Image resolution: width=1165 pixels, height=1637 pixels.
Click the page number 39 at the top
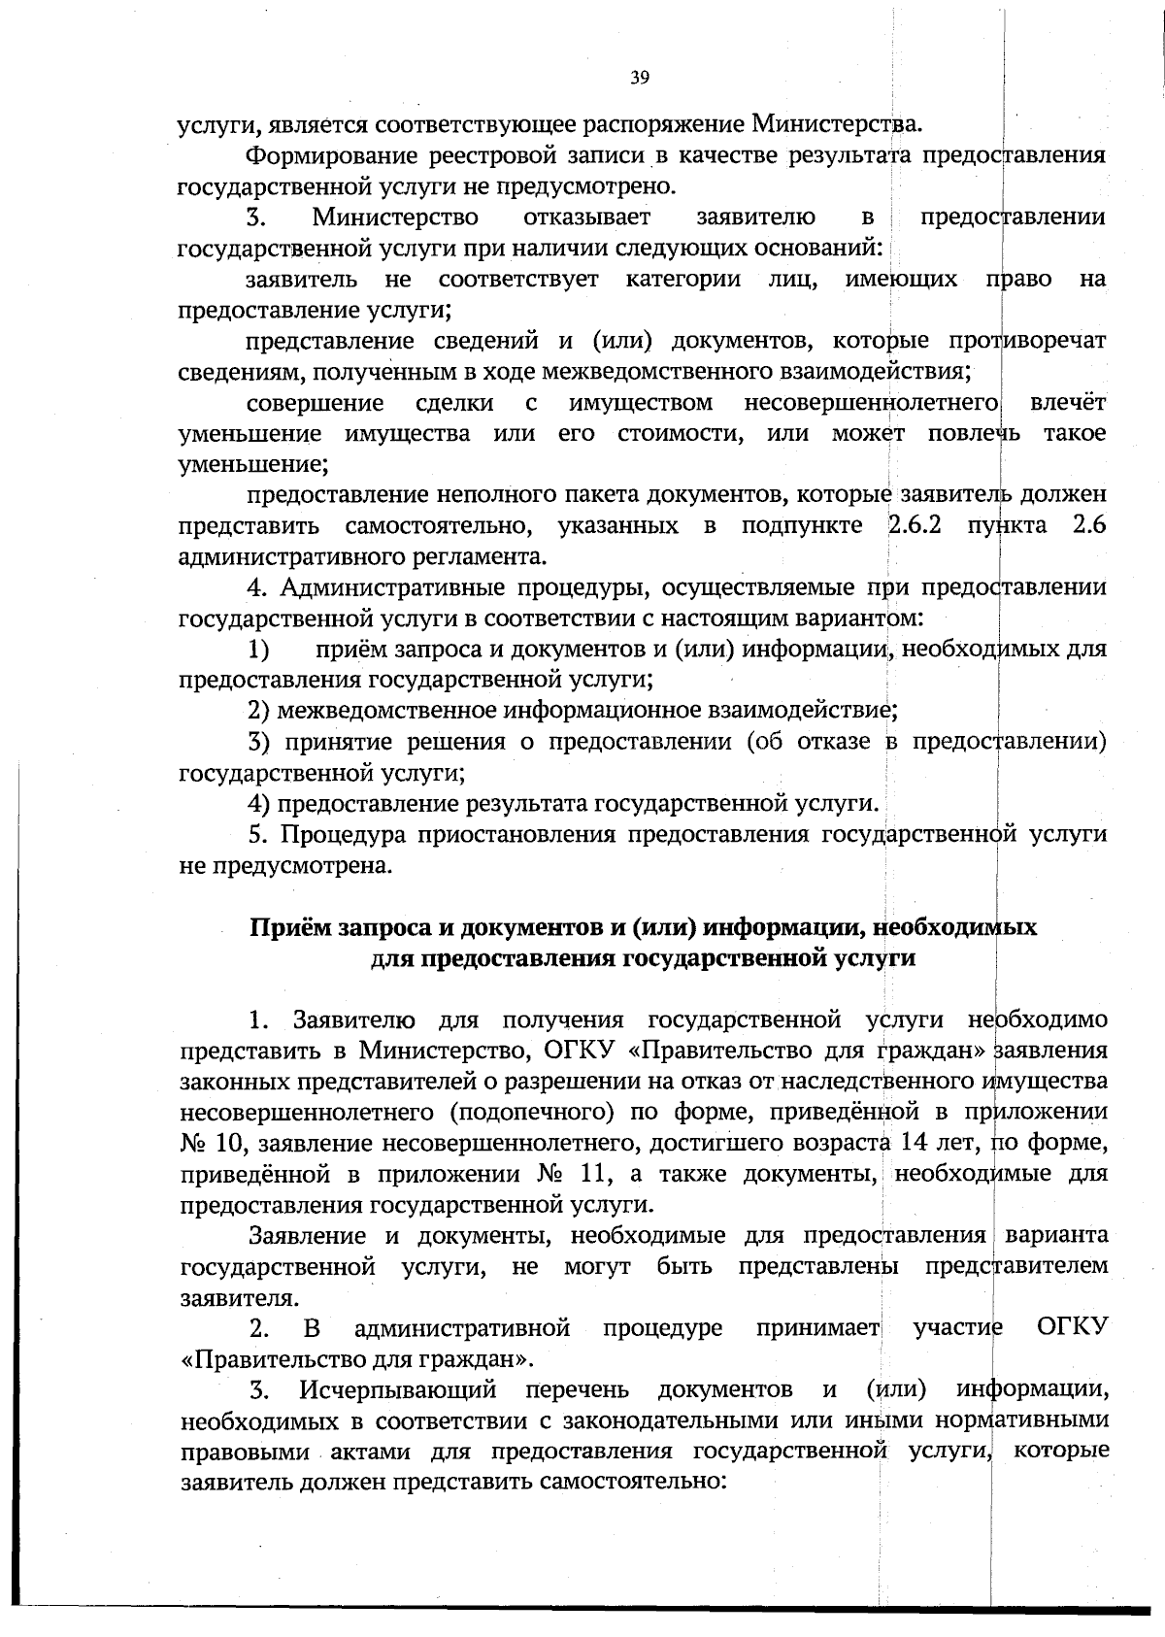click(x=639, y=79)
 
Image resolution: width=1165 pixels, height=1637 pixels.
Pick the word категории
click(x=683, y=280)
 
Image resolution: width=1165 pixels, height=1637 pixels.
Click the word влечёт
click(x=1068, y=403)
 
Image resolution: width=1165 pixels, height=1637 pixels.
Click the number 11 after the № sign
click(x=593, y=1174)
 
